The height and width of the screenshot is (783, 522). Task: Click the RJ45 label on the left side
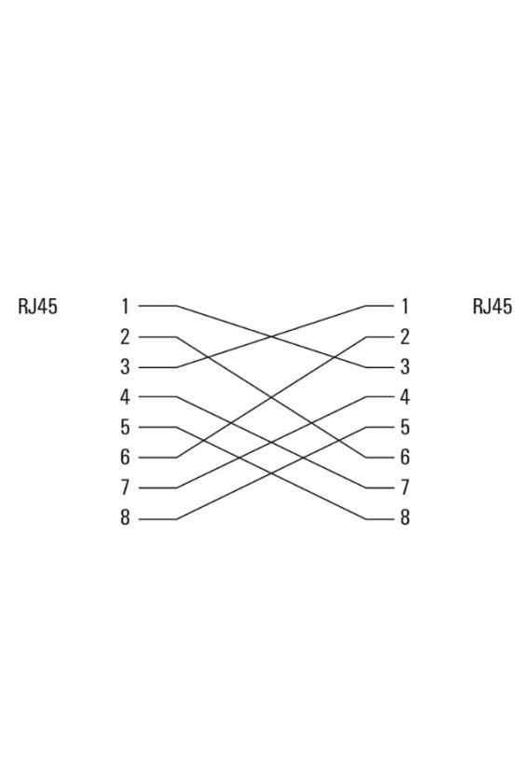[x=37, y=306]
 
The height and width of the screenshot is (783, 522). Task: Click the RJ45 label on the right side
[x=492, y=306]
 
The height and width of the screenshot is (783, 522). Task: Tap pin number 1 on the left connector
[x=125, y=306]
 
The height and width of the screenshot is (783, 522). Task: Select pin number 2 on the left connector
[x=125, y=337]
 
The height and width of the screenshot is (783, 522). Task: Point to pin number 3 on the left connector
[x=125, y=367]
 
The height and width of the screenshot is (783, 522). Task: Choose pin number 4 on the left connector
[x=125, y=397]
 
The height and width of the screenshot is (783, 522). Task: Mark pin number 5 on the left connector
[x=125, y=427]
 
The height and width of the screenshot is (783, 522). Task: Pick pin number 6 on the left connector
[x=125, y=457]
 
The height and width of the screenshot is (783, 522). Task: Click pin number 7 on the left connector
[x=125, y=488]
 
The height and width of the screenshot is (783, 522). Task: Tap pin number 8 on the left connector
[x=125, y=518]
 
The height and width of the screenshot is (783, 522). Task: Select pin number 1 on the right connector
[x=405, y=306]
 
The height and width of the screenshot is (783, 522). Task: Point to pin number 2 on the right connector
[x=405, y=337]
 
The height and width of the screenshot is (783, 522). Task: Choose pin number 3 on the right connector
[x=405, y=367]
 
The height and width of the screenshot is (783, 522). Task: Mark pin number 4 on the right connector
[x=405, y=397]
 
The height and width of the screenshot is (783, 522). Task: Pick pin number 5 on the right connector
[x=405, y=427]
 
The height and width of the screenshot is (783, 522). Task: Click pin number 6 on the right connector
[x=405, y=457]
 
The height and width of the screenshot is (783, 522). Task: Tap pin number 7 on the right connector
[x=405, y=488]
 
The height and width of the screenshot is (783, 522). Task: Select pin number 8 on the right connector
[x=405, y=518]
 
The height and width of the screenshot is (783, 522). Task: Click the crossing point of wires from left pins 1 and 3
[x=271, y=337]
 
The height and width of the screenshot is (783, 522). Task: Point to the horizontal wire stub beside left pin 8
[x=158, y=519]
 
